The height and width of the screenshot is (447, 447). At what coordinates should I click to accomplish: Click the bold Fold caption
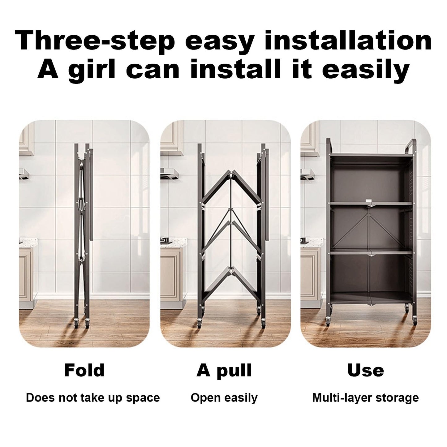click(84, 370)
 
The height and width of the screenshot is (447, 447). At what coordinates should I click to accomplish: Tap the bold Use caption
click(366, 371)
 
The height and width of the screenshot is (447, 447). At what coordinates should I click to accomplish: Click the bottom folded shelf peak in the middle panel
click(231, 269)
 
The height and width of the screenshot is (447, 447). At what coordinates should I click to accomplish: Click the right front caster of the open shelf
click(414, 321)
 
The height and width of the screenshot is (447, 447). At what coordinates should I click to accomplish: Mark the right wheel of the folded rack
click(87, 322)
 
